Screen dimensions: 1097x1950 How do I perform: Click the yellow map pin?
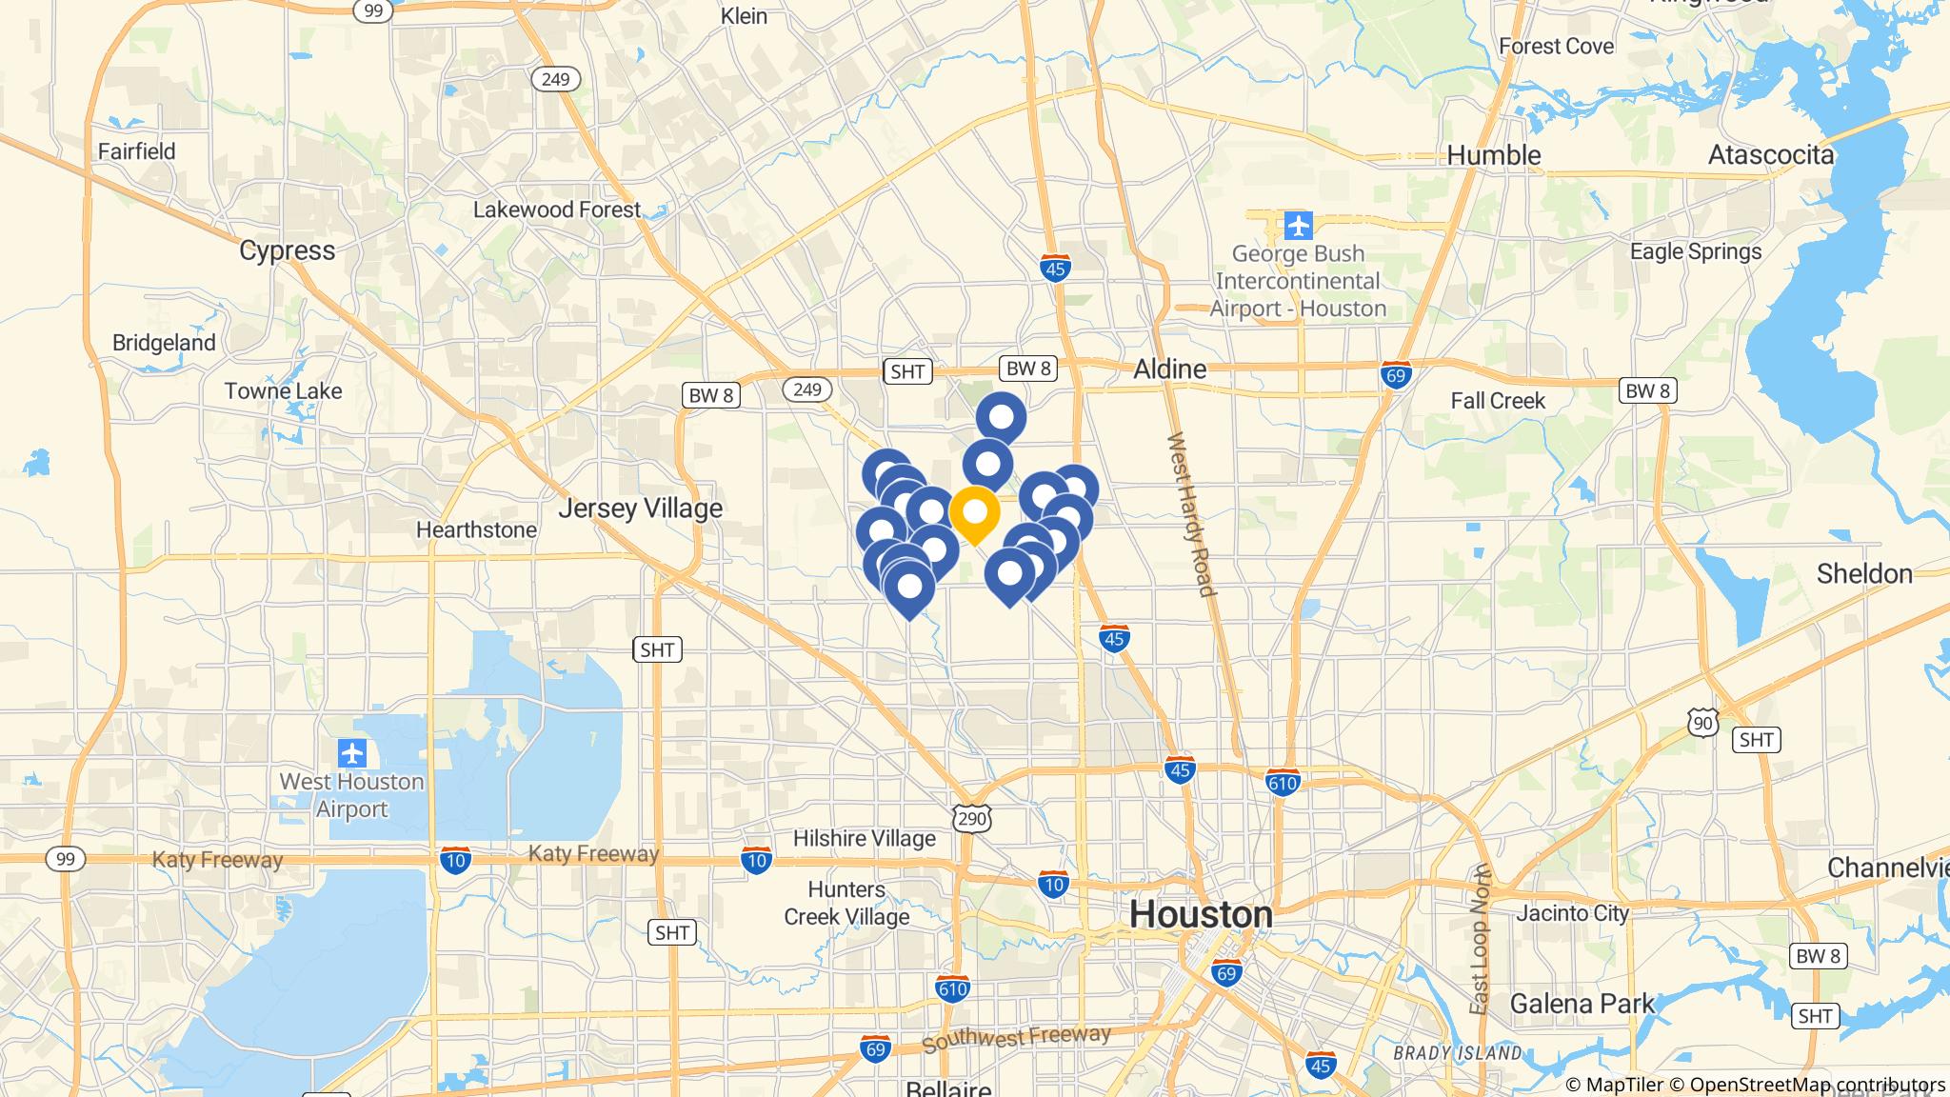click(974, 513)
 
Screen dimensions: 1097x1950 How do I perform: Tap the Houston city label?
click(1201, 914)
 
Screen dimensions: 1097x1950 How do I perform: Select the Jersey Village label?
click(640, 509)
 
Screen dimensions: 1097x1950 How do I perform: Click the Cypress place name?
click(287, 250)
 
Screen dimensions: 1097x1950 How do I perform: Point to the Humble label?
click(1493, 155)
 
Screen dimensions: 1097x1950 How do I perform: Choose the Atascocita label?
click(1770, 155)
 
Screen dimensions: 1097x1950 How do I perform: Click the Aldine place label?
click(1169, 369)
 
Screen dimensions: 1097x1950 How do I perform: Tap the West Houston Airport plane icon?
click(352, 753)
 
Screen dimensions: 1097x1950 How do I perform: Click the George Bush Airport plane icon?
click(1298, 227)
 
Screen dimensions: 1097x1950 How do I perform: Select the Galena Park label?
click(1582, 1004)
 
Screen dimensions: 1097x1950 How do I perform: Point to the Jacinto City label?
click(1572, 913)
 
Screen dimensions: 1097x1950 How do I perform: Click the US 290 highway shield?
click(972, 817)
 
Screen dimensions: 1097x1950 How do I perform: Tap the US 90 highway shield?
click(1703, 724)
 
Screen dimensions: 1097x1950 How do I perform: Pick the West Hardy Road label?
click(1191, 514)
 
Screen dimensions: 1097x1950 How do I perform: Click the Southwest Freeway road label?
click(1016, 1037)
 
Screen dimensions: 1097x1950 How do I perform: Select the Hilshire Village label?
click(864, 839)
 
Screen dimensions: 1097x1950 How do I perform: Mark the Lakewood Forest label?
click(557, 209)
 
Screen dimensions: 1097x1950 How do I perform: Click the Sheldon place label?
click(1863, 573)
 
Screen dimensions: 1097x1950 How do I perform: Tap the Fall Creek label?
click(1497, 401)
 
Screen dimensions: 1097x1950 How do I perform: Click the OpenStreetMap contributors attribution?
click(1817, 1085)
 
